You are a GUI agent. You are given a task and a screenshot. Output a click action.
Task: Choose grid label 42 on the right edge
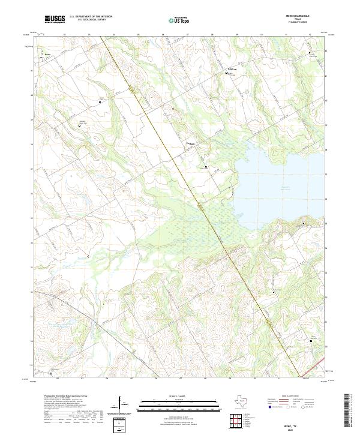coord(327,52)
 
